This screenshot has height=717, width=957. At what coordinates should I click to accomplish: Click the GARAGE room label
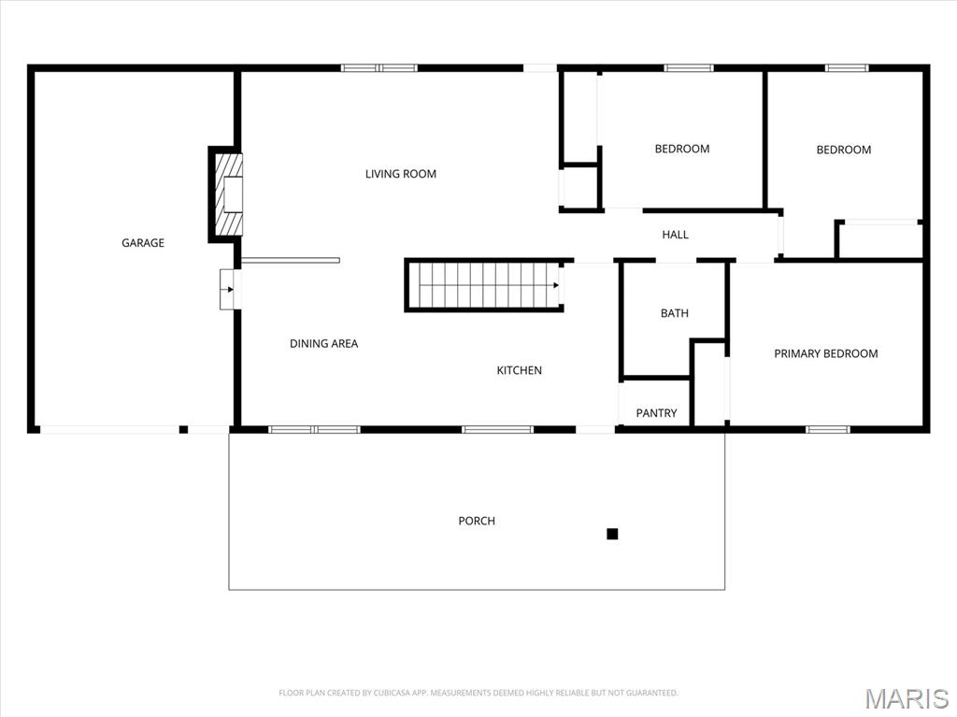click(x=143, y=243)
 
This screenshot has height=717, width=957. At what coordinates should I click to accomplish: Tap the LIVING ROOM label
click(x=400, y=174)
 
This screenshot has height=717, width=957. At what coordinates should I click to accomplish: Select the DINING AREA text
click(x=323, y=344)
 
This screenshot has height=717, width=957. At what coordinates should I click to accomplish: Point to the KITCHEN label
click(x=519, y=371)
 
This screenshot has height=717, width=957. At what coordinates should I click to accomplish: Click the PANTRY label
click(x=656, y=413)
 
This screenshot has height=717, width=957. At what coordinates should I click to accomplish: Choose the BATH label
click(x=675, y=313)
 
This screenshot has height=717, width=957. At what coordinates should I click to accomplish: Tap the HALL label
click(x=675, y=235)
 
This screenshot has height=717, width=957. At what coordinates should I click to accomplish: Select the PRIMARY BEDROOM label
click(x=825, y=353)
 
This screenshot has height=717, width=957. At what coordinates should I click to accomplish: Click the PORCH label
click(x=477, y=521)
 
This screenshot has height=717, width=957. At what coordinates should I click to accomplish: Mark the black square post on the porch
click(x=612, y=534)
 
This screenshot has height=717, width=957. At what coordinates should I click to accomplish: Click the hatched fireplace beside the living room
click(x=230, y=194)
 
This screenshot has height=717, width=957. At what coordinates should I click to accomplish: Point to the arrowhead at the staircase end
click(x=556, y=285)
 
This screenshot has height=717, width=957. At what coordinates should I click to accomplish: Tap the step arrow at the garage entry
click(x=228, y=290)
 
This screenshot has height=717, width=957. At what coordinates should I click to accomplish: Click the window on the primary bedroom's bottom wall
click(x=828, y=429)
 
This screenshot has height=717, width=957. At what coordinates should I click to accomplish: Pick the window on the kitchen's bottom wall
click(x=497, y=429)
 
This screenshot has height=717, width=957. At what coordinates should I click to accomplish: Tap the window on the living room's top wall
click(x=379, y=67)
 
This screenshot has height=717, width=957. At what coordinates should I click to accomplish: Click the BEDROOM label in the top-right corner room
click(x=843, y=150)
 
